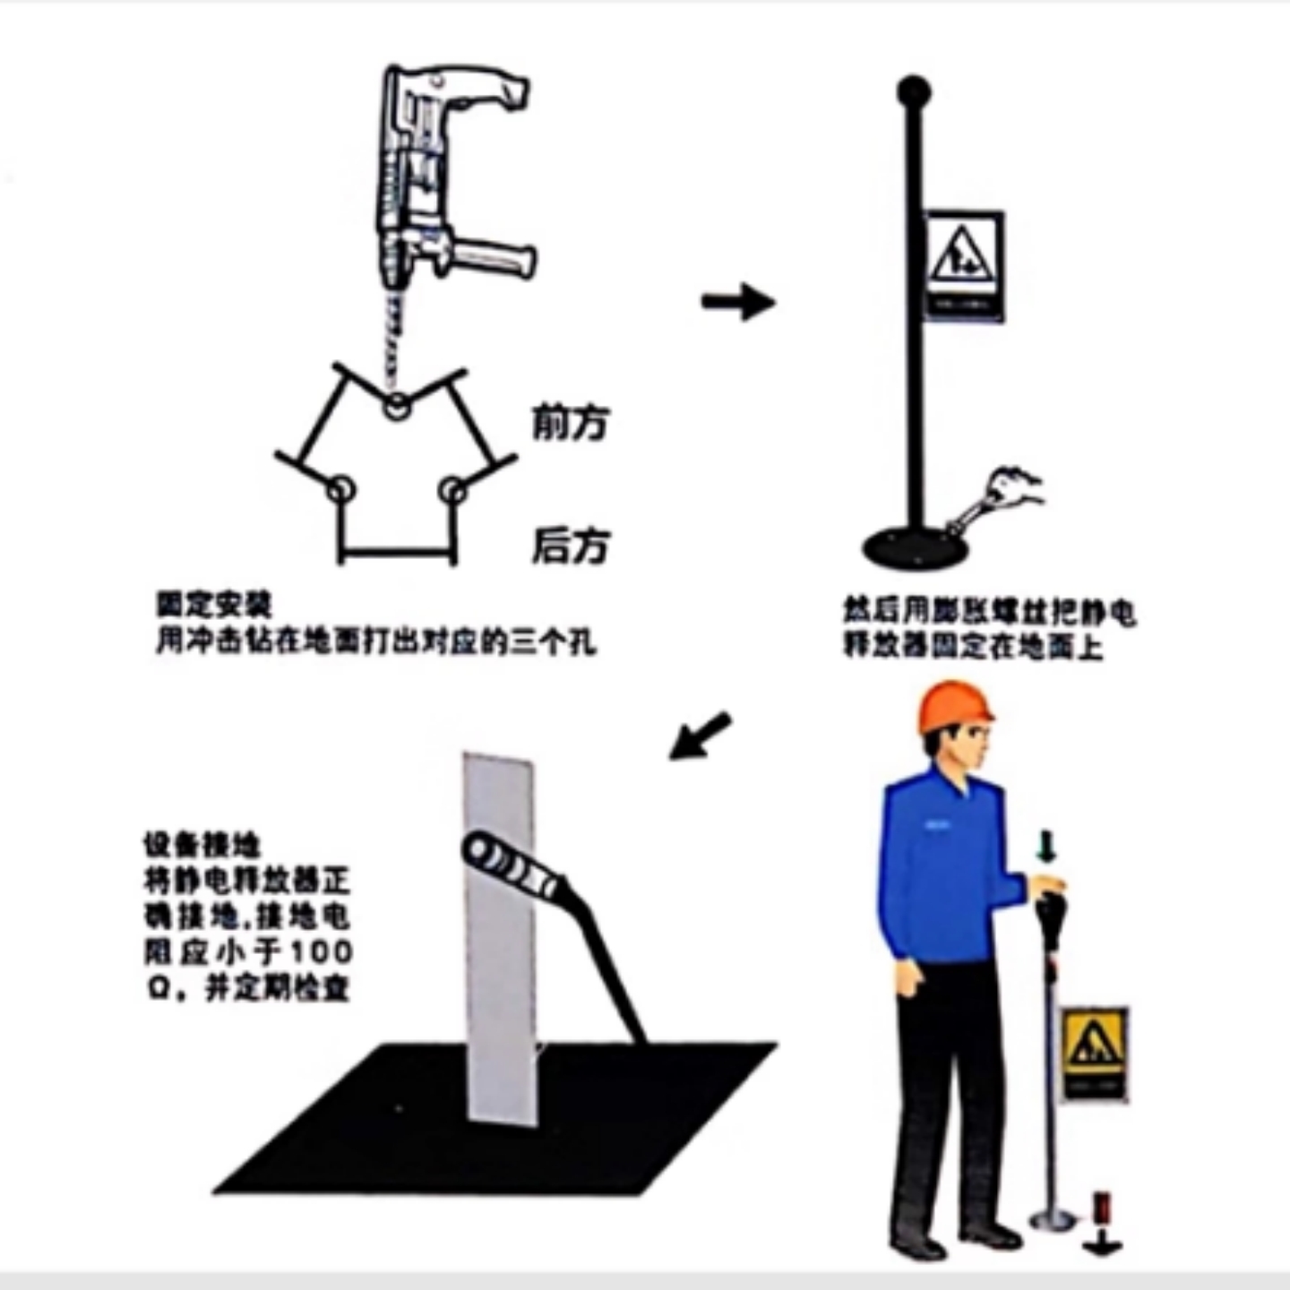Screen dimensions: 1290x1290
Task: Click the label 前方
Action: pos(571,422)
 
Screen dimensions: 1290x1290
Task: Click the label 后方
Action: pos(571,545)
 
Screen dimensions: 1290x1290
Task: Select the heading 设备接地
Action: pos(202,845)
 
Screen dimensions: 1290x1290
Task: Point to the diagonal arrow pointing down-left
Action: pos(701,735)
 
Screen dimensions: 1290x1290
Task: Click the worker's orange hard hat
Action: pos(953,707)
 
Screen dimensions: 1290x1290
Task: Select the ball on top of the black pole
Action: pos(914,91)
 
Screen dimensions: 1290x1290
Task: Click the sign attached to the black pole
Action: pos(963,265)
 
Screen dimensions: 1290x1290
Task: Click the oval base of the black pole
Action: pos(915,546)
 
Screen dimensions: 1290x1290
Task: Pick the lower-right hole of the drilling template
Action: pos(453,490)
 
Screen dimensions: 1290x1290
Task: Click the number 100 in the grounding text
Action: pos(322,951)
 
